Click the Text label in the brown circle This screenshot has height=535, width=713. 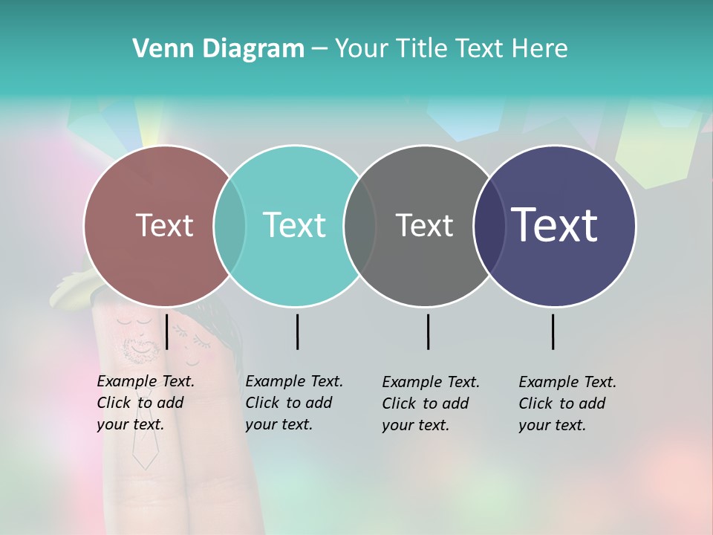164,225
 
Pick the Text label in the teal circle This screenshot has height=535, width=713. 294,225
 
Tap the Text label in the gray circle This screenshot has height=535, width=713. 424,225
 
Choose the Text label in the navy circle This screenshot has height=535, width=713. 555,224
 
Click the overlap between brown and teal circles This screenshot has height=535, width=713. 229,226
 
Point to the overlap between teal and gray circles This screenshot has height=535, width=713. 359,226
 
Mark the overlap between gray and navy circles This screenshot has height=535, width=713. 489,226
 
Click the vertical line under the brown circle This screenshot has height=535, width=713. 167,331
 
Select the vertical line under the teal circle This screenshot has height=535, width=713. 297,331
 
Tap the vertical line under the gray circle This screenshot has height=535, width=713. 428,331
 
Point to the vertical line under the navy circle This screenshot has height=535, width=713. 553,331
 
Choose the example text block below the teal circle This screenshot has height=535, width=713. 293,403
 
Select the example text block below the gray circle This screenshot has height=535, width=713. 430,403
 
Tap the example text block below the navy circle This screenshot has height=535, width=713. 567,403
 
